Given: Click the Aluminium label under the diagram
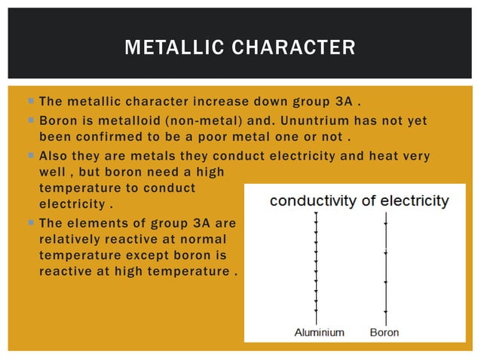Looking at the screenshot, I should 319,331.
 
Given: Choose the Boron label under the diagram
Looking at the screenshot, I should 385,331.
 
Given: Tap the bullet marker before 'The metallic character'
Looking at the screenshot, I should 29,102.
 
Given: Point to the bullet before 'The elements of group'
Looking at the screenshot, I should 29,223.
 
